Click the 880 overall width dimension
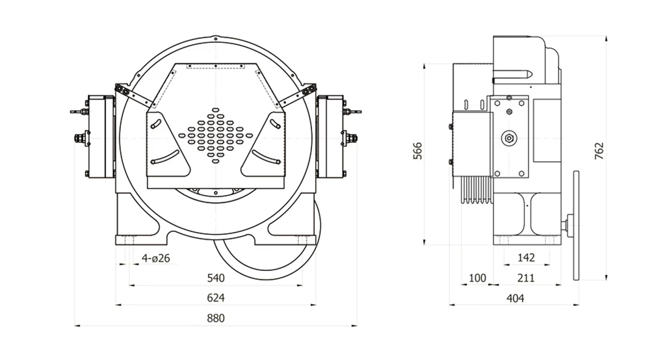tap(215, 318)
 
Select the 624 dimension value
tap(215, 298)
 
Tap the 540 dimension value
tap(215, 278)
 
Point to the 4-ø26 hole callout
tap(155, 259)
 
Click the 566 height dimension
tap(418, 150)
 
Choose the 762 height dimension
tap(599, 150)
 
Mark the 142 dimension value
tap(526, 257)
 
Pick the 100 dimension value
tap(477, 278)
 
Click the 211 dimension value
tap(526, 278)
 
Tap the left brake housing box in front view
tap(101, 136)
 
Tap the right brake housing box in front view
tap(330, 136)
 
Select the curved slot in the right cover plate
tap(267, 157)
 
